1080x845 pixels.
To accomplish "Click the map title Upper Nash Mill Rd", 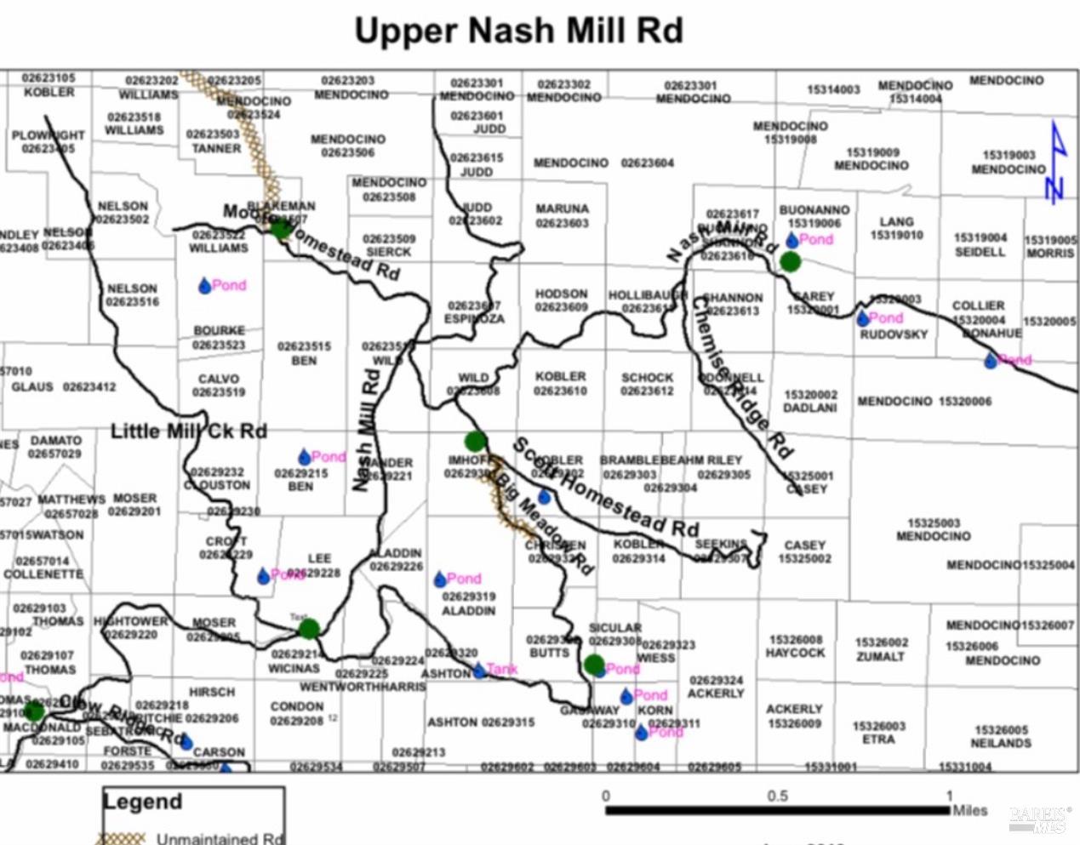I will (x=518, y=31).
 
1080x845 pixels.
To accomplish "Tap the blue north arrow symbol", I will (x=1055, y=163).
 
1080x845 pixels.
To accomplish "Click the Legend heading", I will (x=142, y=802).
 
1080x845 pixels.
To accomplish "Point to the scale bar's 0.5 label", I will (x=777, y=796).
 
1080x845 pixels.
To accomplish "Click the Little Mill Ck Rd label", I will (x=188, y=431).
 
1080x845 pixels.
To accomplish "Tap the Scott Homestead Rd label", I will (x=605, y=488).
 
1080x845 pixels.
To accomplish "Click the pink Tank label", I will (x=501, y=669).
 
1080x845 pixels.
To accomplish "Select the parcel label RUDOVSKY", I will (x=893, y=334).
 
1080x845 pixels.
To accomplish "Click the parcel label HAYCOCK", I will (x=795, y=653).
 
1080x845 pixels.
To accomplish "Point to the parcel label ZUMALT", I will (x=881, y=656).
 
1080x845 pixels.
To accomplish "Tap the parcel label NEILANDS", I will (x=1001, y=743).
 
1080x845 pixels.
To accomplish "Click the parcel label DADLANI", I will (x=809, y=408).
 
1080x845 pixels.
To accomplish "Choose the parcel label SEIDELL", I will (x=980, y=252).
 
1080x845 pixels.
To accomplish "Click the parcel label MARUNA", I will (x=562, y=208).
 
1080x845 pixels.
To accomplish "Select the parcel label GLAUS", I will (x=32, y=387).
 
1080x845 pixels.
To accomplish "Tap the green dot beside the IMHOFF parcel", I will (x=475, y=441).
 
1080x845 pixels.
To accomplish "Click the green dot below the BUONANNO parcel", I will (x=790, y=261).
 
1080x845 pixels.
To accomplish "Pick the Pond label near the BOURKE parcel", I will (x=228, y=285).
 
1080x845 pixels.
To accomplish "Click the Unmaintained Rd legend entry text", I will (x=219, y=838).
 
